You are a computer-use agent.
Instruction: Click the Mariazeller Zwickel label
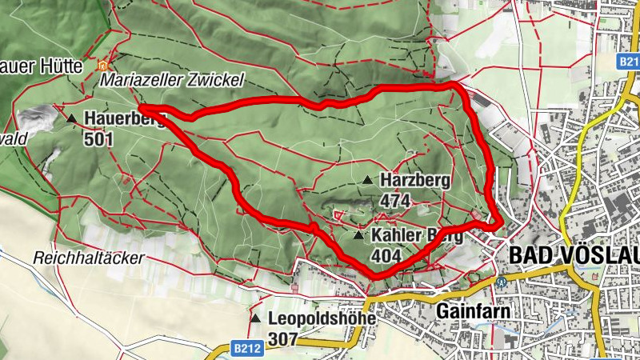pyautogui.click(x=171, y=82)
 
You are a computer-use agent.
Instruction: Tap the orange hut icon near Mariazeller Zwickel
pyautogui.click(x=102, y=66)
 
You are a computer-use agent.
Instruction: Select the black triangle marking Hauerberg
pyautogui.click(x=72, y=119)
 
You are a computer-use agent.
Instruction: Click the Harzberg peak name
pyautogui.click(x=415, y=180)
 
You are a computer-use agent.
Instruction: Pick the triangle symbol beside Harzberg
pyautogui.click(x=368, y=180)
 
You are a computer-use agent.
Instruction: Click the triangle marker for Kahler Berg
pyautogui.click(x=358, y=236)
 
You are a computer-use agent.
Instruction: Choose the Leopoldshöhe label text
pyautogui.click(x=322, y=318)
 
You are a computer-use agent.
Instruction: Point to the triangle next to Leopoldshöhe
pyautogui.click(x=255, y=318)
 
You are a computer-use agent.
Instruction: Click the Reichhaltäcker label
pyautogui.click(x=88, y=258)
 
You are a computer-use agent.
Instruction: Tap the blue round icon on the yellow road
pyautogui.click(x=502, y=282)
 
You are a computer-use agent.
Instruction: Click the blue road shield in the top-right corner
pyautogui.click(x=628, y=61)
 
